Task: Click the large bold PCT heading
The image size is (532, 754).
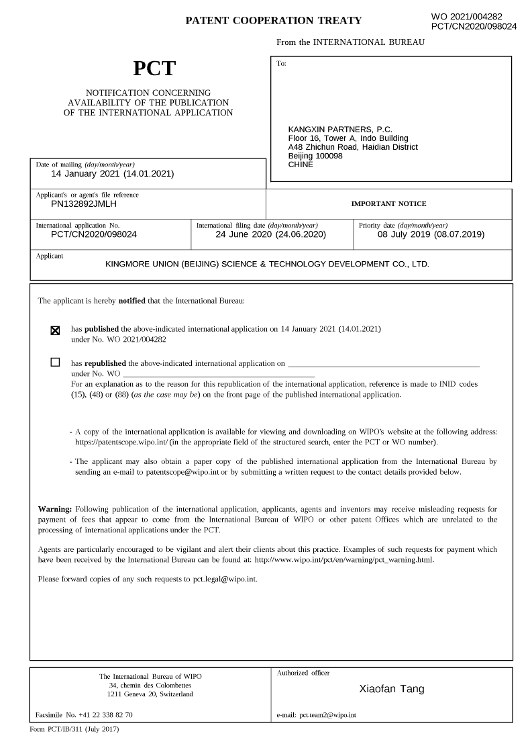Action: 154,68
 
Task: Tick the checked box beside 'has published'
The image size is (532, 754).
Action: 55,330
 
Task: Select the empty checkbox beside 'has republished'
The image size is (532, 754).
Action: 55,363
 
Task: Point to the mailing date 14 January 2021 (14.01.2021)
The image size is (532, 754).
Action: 113,173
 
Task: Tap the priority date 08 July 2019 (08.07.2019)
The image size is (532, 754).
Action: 431,234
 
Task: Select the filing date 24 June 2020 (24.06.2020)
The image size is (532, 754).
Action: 270,234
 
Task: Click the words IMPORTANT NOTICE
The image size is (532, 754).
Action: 388,203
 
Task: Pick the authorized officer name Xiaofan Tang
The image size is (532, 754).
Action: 392,689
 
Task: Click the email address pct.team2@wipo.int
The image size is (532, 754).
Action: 327,715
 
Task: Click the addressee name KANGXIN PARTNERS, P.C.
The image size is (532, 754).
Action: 340,130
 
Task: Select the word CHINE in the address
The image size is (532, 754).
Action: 301,164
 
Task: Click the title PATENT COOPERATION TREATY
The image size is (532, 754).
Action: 273,21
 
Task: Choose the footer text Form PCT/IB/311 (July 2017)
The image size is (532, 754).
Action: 74,728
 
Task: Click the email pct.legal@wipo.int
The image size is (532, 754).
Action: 223,578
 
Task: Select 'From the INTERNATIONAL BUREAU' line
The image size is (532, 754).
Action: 350,42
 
